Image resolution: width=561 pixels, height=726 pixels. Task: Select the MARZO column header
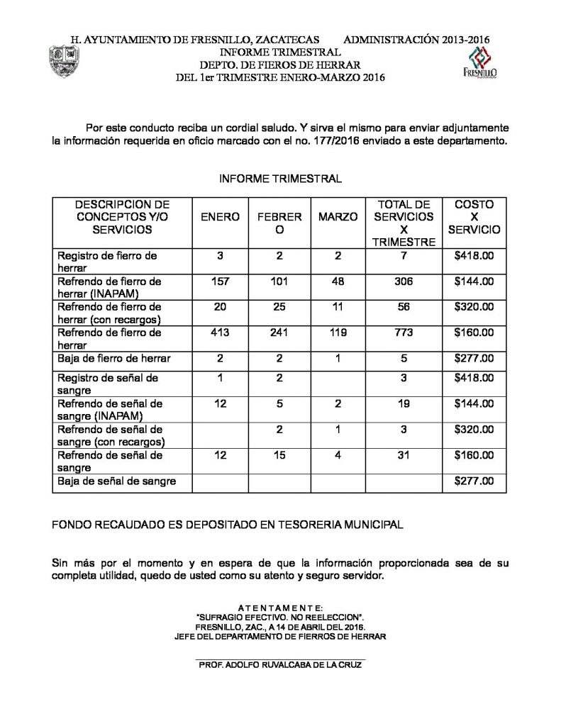click(338, 217)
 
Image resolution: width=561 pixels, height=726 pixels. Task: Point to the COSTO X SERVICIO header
click(474, 217)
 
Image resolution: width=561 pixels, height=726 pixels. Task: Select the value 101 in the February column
click(279, 281)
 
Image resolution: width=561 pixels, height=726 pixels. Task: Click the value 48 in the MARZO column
click(338, 281)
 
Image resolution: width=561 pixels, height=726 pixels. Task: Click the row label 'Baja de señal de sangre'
click(115, 481)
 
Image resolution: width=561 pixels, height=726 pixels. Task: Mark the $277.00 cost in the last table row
click(474, 481)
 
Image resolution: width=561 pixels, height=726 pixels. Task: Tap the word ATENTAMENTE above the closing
click(280, 608)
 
